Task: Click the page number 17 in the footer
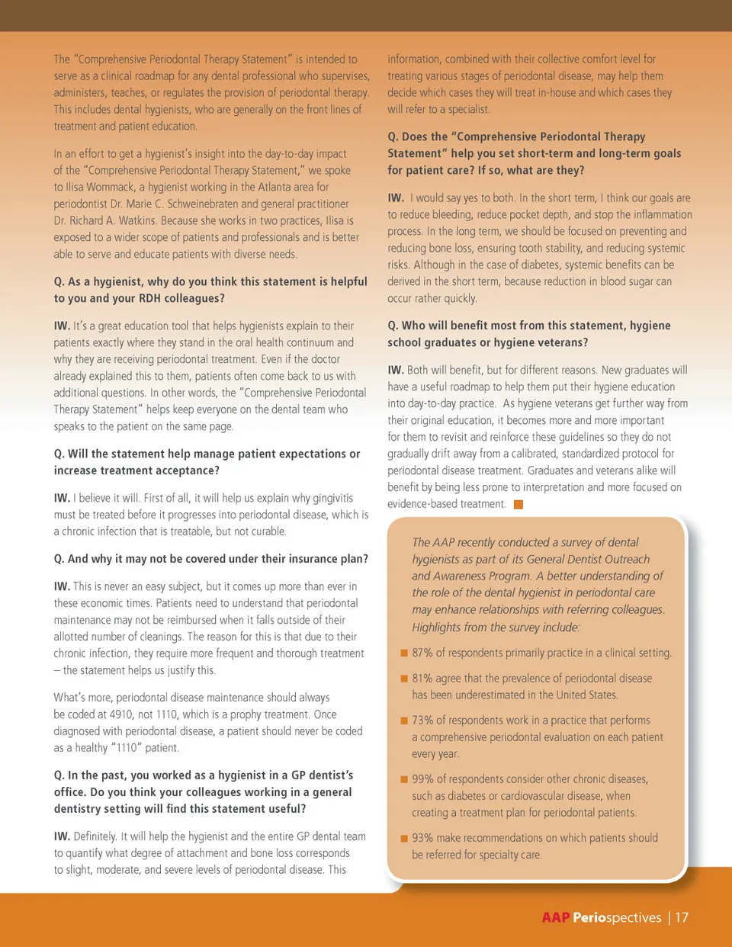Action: coord(681,917)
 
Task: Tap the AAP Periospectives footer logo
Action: coord(601,917)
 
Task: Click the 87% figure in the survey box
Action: coord(422,653)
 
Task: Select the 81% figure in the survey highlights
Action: coord(422,678)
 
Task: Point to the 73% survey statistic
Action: coord(422,720)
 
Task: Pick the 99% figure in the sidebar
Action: coord(422,779)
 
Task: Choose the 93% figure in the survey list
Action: coord(422,837)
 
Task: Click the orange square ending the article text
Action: coord(518,504)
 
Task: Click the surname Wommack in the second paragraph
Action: coord(110,187)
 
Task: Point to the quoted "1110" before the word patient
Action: coord(127,748)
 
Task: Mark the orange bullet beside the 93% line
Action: coord(404,838)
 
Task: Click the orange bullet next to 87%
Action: coord(404,653)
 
